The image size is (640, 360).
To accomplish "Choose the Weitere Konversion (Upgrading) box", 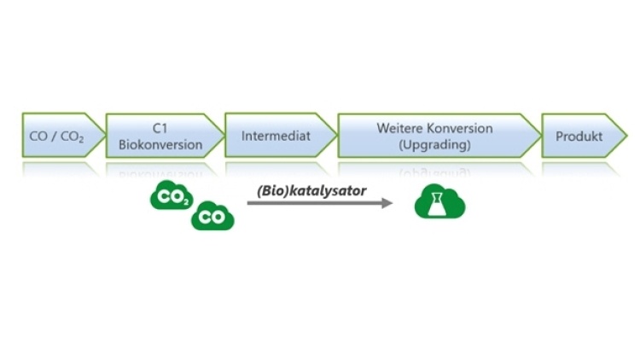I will coord(435,136).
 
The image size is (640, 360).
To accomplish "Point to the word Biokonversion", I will coord(160,144).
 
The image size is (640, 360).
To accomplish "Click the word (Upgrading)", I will coord(434,145).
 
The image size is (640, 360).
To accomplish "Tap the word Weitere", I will coord(399,128).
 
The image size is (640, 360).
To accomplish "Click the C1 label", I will coord(160,128).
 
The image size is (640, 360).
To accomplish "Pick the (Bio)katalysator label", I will coord(311,190).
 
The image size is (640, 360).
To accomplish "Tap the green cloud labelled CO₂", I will coord(172,197).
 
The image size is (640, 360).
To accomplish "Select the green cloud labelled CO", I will coord(212,217).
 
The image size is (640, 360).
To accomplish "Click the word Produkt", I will coord(579,136).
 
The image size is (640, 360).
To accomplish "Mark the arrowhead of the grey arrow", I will coord(387,203).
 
